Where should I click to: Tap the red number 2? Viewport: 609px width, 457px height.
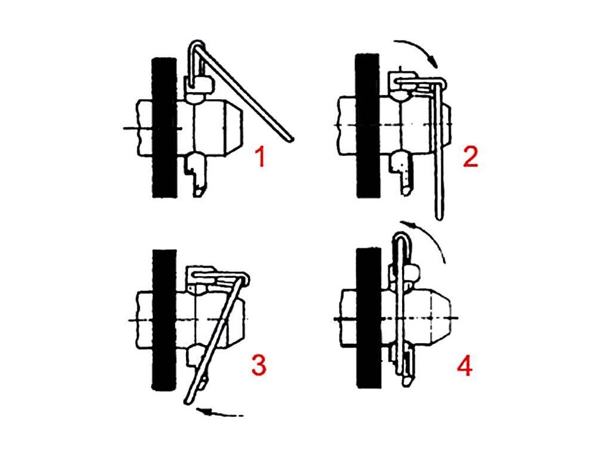471,157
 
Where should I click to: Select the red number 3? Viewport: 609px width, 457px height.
259,366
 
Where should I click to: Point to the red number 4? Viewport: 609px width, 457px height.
465,366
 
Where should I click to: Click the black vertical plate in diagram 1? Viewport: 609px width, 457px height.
165,127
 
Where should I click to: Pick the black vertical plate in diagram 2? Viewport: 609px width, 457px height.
368,126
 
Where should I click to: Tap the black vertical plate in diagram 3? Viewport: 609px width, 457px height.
164,320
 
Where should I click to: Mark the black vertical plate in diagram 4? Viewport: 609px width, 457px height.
369,317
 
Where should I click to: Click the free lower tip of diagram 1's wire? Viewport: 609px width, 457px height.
290,139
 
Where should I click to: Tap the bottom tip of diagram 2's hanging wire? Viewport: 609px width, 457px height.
438,217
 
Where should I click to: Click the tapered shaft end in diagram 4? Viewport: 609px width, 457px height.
441,317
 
